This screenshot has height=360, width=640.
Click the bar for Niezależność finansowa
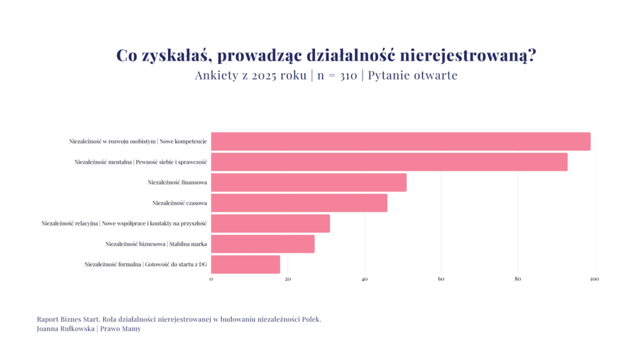coord(309,182)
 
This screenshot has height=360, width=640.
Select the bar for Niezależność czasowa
coord(299,203)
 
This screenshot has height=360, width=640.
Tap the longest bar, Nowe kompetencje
coord(401,141)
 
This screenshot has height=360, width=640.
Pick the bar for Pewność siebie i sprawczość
coord(389,162)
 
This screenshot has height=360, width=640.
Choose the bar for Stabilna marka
coord(262,244)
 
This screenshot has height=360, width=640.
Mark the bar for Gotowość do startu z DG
coord(246,264)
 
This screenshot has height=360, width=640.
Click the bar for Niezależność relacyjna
coord(270,223)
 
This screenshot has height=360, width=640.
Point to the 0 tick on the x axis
coord(211,279)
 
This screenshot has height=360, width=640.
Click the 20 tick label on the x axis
coord(287,279)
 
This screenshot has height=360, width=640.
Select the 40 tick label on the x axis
coord(364,279)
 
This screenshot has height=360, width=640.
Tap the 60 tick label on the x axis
coord(441,279)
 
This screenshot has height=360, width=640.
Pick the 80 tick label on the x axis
coord(517,279)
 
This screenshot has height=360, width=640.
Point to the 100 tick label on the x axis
coord(594,279)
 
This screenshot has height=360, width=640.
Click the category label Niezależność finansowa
coord(177,182)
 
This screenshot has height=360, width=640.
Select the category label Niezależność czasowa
coord(179,203)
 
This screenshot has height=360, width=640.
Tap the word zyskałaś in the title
coord(175,56)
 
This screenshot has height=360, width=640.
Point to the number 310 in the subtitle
coord(348,76)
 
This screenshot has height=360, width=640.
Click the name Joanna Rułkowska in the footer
coord(64,329)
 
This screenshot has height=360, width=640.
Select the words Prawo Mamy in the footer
coord(121,329)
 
